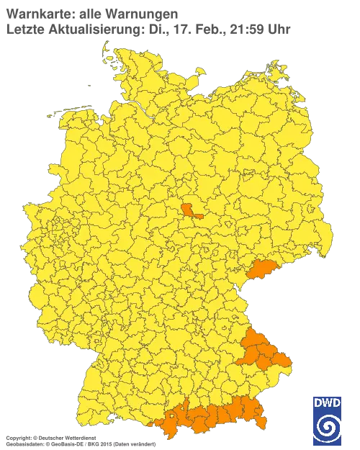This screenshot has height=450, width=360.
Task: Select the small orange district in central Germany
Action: click(192, 210)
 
